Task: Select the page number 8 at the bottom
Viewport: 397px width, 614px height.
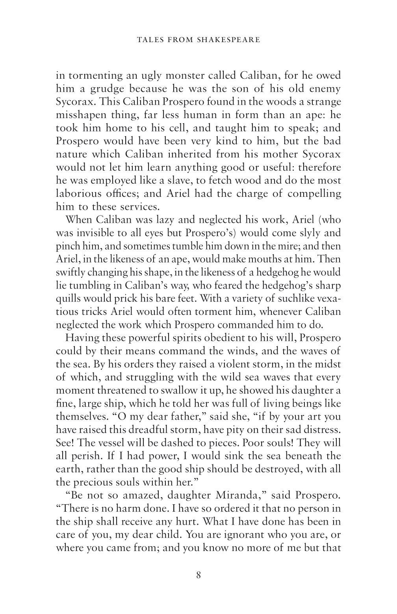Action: tap(198, 575)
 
